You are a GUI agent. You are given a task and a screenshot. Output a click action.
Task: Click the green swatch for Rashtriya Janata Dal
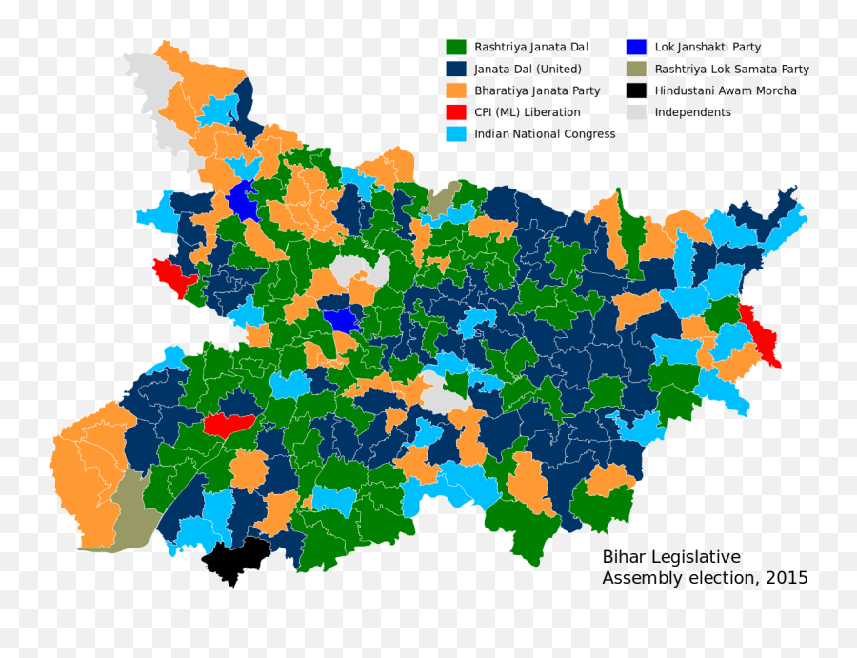click(456, 47)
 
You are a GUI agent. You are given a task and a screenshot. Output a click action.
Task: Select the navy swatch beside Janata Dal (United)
click(456, 69)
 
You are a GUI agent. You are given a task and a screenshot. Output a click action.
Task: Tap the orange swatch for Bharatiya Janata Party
click(456, 90)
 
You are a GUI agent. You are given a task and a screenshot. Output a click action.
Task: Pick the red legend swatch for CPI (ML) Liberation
click(456, 112)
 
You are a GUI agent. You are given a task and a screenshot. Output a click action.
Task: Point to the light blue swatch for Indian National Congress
click(456, 134)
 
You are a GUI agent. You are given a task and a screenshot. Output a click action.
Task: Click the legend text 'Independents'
click(692, 112)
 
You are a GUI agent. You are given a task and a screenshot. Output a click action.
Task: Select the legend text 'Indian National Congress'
click(545, 134)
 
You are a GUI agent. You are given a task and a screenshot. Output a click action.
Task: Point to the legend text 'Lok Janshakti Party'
click(708, 47)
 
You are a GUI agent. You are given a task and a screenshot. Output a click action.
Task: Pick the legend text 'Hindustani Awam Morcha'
click(726, 90)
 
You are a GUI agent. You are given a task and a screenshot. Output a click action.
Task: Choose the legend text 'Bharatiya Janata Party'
click(537, 90)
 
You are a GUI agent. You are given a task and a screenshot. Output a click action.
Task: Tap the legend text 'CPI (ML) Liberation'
click(527, 112)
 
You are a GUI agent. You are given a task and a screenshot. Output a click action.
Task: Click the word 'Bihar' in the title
click(624, 558)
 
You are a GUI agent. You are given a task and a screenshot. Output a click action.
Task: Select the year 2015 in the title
click(786, 578)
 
